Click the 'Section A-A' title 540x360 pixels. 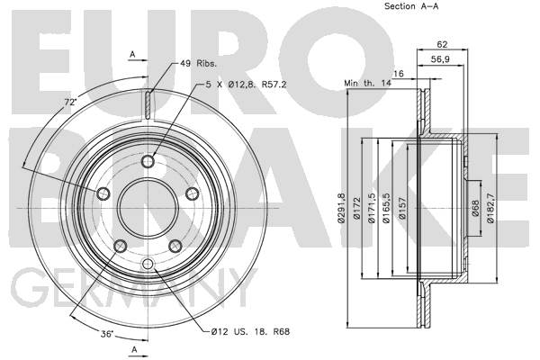pos(411,6)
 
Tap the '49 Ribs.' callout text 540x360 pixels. pos(198,63)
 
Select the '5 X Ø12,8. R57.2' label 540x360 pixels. pos(247,85)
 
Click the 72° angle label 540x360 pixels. pos(70,102)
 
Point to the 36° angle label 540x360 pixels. pos(107,334)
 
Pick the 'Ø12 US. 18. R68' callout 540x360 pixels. pos(251,332)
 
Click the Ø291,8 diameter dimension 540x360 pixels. pos(341,208)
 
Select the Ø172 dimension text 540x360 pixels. pos(356,208)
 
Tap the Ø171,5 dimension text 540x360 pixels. pos(372,208)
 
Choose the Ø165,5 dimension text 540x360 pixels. pos(386,208)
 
